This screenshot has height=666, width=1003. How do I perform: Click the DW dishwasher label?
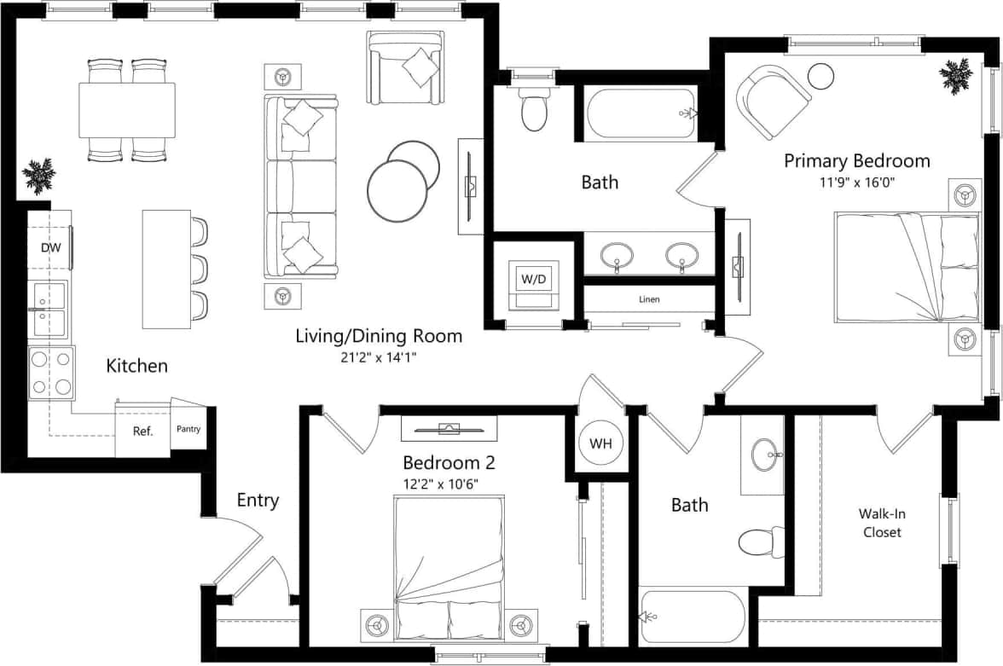point(49,248)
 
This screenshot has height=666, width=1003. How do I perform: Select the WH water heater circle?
point(600,443)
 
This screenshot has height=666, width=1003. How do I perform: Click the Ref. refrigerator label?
point(142,431)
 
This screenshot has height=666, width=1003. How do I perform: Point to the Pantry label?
point(188,429)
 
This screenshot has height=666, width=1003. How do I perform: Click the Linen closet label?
point(649,299)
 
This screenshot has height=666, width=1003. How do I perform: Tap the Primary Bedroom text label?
point(856,160)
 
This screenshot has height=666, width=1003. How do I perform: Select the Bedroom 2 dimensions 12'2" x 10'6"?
point(440,484)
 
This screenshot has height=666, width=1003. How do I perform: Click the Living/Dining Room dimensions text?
point(379,357)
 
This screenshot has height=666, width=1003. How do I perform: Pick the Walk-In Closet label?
point(881,524)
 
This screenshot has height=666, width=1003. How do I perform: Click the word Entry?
point(258,501)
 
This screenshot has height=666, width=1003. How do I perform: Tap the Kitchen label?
point(136,366)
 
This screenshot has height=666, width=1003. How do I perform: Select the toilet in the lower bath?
point(758,542)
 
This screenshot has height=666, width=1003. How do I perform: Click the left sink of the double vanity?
point(617,255)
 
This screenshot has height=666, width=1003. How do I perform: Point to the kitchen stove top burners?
point(50,373)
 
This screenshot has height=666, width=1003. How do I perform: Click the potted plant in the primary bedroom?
point(955,76)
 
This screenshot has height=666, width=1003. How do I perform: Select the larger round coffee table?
point(397,192)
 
